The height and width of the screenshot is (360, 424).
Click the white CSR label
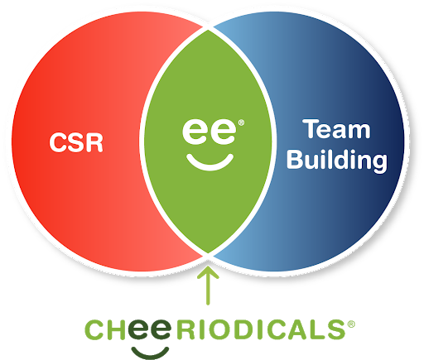coord(76,142)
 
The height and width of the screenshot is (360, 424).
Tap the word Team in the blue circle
coord(336,129)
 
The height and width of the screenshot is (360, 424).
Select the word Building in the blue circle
coord(337,161)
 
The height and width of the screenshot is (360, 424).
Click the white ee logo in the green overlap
coord(209,132)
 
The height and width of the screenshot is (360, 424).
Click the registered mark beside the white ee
coord(241,122)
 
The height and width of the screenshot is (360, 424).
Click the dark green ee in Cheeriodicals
coord(150,329)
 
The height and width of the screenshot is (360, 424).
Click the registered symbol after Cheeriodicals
coord(351,324)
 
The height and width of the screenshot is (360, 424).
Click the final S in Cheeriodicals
coord(336,329)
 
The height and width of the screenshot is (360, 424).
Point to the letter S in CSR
coord(76,142)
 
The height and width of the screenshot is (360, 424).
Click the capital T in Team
coord(311,128)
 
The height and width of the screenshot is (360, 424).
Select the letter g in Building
coord(378,163)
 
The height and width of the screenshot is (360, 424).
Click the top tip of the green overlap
coord(208,30)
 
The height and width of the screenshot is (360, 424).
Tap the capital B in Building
coord(295,159)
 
